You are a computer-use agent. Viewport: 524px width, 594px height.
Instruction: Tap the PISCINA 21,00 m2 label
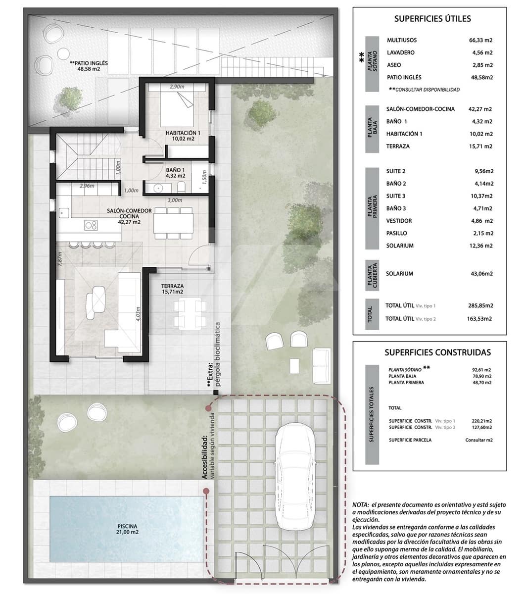(128, 529)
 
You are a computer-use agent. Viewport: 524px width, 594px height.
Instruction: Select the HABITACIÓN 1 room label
(183, 136)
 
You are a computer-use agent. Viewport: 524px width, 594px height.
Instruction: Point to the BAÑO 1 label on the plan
(175, 172)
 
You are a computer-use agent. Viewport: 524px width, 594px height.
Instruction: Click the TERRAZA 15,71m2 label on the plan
(172, 289)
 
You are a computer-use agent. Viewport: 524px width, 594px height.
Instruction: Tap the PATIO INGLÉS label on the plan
(89, 66)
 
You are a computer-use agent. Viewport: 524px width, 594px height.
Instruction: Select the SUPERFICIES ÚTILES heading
(432, 19)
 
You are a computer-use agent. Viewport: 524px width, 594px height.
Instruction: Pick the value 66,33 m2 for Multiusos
(480, 40)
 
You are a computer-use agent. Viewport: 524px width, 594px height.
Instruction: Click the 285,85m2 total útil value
(480, 306)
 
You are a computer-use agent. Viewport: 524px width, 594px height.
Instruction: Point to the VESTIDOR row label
(398, 221)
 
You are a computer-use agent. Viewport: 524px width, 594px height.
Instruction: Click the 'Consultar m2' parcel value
(479, 440)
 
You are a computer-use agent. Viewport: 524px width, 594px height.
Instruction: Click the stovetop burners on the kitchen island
(91, 225)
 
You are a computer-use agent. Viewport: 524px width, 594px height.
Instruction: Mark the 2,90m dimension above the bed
(177, 87)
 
